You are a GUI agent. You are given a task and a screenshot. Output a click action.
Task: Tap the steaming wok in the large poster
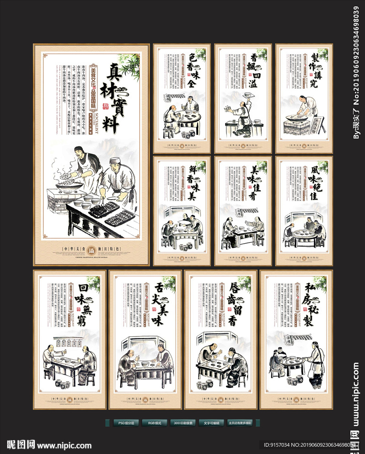(x=69, y=183)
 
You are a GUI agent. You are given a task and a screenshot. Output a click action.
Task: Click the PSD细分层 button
(x=126, y=423)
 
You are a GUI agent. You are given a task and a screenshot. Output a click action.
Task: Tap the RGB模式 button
(x=154, y=423)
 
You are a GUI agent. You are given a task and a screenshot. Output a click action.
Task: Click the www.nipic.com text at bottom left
(x=64, y=445)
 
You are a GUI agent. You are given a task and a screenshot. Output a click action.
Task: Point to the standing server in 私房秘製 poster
(x=316, y=361)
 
